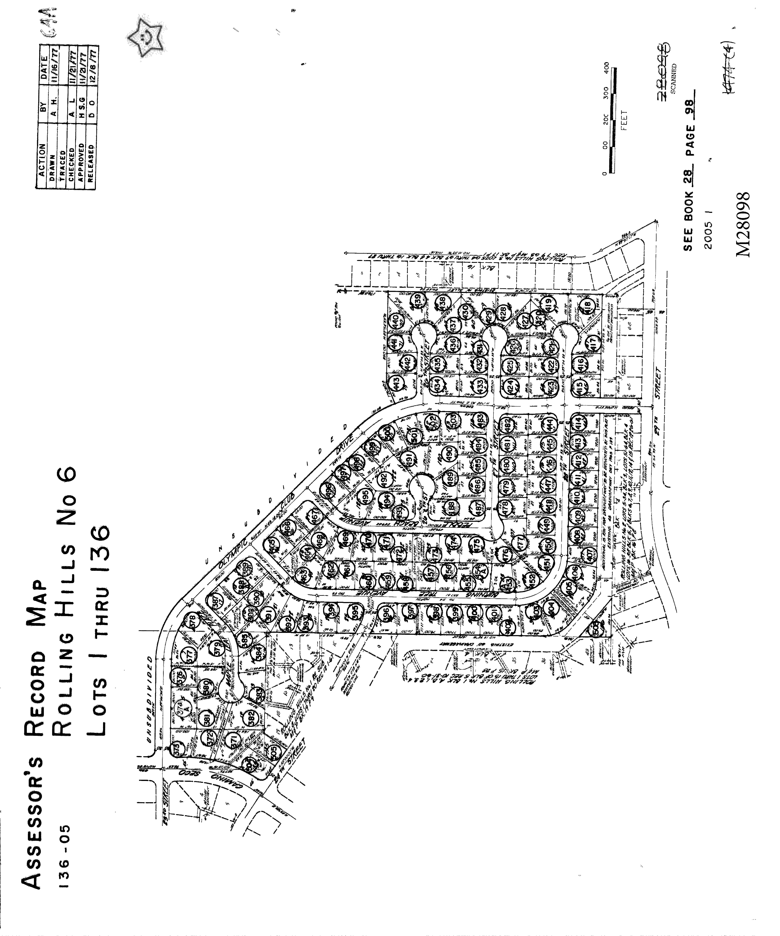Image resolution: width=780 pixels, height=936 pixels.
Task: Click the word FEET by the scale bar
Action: point(623,120)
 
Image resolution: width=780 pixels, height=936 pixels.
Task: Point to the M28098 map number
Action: point(743,224)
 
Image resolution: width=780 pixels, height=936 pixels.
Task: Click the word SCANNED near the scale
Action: point(673,79)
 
